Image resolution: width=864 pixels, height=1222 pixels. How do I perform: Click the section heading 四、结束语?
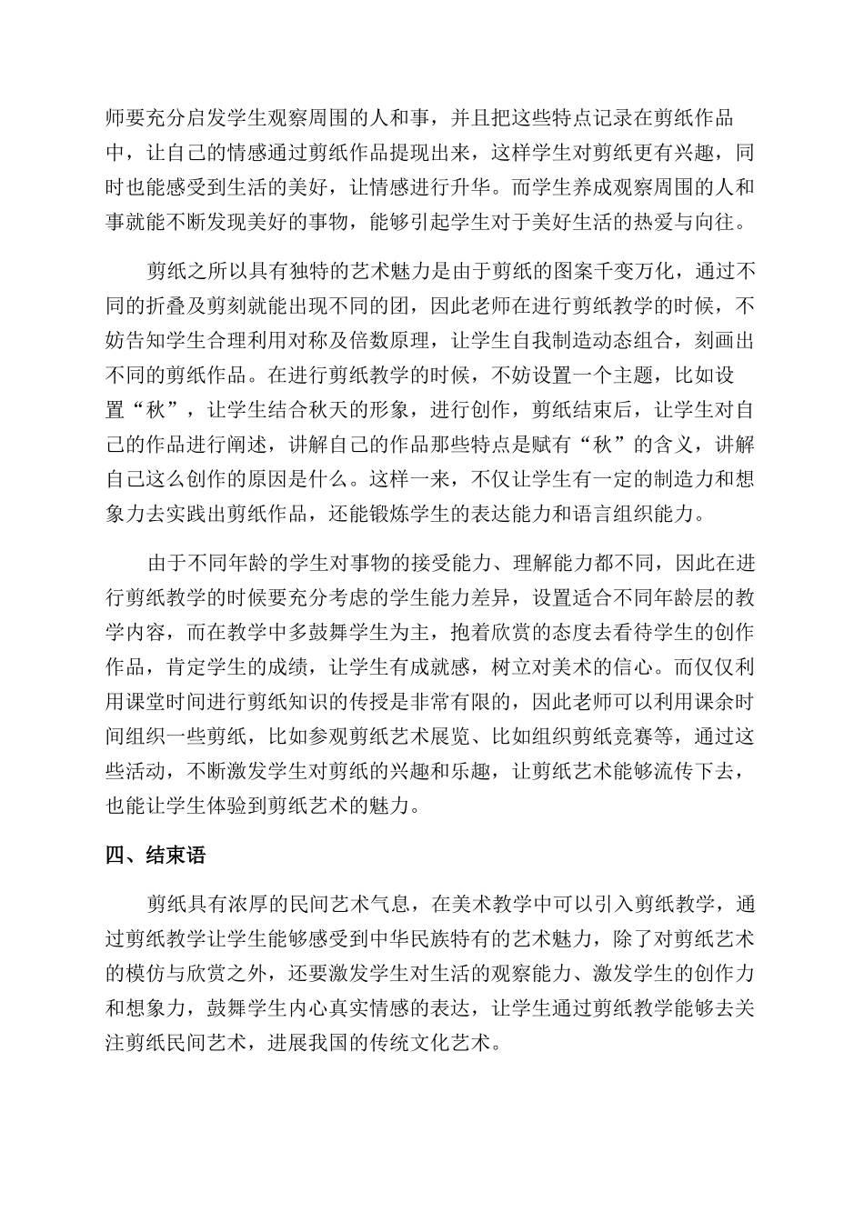point(156,855)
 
